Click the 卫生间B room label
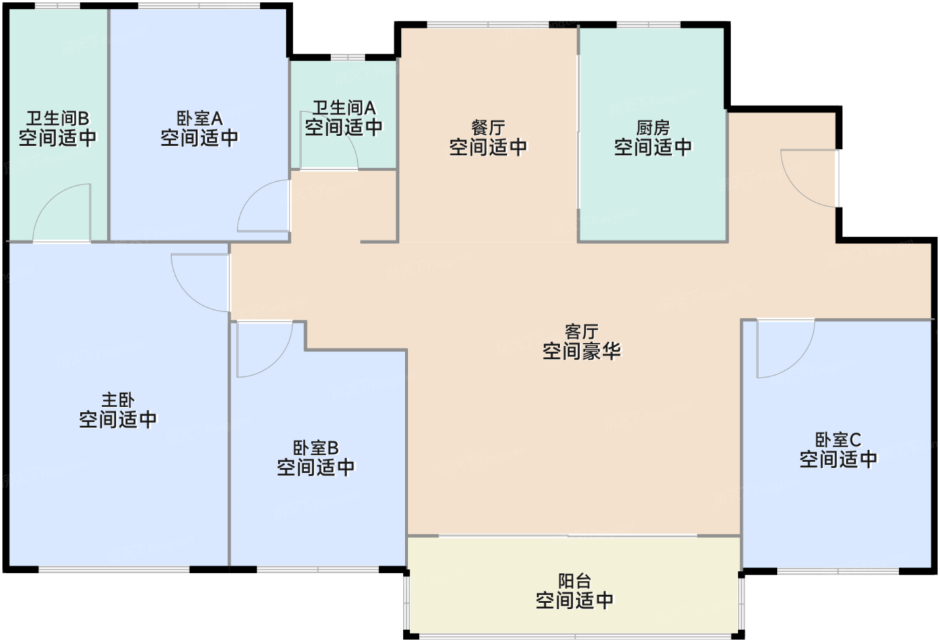tap(57, 119)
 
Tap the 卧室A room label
tap(199, 119)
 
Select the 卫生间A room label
tap(344, 108)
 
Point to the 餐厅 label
tap(488, 127)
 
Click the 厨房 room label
tap(653, 127)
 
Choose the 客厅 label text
tap(581, 331)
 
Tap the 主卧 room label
tap(117, 400)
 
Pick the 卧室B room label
tap(316, 447)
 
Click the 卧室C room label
tap(838, 440)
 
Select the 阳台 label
tap(574, 581)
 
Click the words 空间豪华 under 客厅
tap(581, 351)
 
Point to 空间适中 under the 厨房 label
tap(653, 147)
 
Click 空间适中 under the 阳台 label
tap(574, 600)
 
